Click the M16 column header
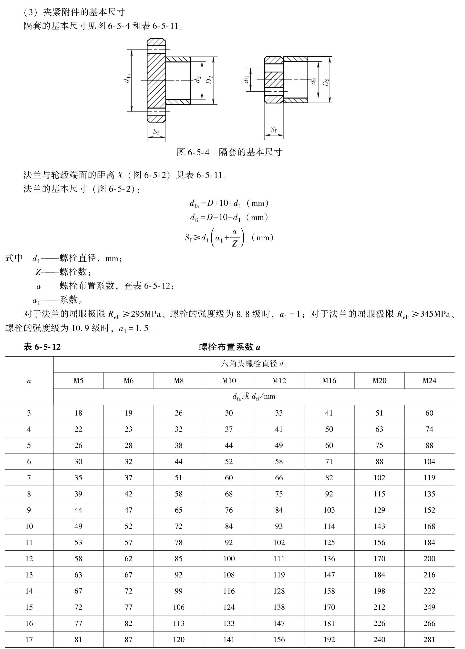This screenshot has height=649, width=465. (329, 381)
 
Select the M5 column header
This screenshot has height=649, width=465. (78, 381)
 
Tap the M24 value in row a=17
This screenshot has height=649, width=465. (429, 639)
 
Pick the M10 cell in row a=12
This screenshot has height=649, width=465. (229, 559)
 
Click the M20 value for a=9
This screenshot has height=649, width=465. (379, 510)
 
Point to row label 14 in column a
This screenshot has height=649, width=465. (29, 591)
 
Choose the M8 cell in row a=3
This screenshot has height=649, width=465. (179, 413)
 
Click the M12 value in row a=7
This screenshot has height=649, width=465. (279, 478)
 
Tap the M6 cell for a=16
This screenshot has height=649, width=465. (128, 623)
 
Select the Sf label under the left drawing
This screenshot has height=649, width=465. (156, 132)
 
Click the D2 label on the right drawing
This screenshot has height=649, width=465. (326, 82)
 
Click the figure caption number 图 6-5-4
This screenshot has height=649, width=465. (193, 152)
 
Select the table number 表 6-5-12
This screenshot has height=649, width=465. (42, 347)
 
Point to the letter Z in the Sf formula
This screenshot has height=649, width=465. (234, 244)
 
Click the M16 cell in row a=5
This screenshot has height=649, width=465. (329, 445)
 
